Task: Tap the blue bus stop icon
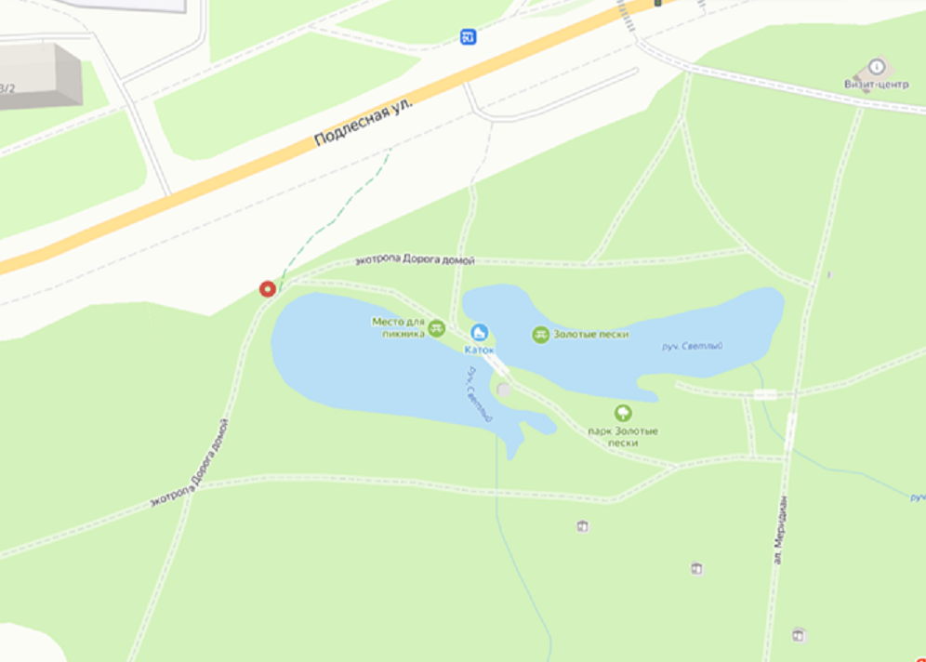coord(469,37)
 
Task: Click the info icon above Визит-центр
coord(876,66)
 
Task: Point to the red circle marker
coord(268,289)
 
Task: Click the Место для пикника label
coord(399,326)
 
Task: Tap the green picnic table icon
coord(437,327)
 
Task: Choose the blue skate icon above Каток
coord(480,333)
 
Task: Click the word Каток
coord(479,350)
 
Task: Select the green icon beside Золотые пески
coord(541,335)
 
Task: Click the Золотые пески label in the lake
coord(591,335)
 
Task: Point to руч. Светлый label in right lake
coord(692,347)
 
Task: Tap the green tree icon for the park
coord(623,413)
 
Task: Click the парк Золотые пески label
coord(623,437)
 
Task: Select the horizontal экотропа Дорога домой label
coord(415,261)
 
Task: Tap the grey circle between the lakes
coord(504,389)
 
